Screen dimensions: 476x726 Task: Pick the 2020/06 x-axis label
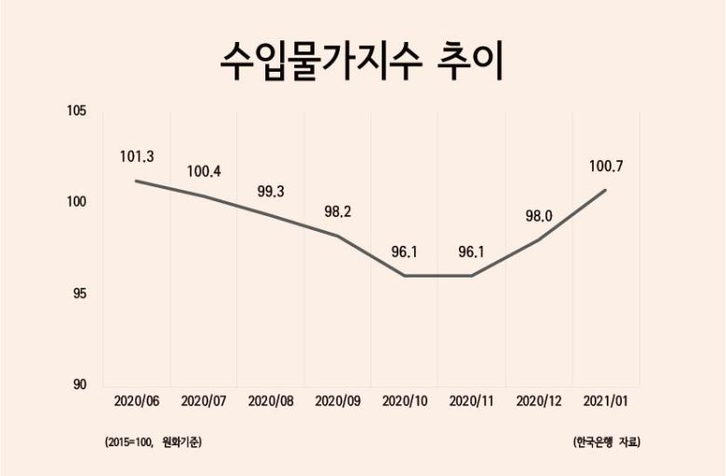(137, 401)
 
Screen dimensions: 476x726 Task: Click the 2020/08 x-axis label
(271, 401)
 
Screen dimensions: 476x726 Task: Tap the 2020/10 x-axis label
(405, 401)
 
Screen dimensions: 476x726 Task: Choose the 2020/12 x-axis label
(539, 401)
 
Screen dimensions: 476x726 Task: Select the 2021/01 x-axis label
(606, 401)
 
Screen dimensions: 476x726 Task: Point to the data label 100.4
(204, 171)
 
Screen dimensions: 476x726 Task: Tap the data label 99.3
(270, 193)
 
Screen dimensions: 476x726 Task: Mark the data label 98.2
(337, 212)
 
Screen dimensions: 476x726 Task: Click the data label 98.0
(539, 216)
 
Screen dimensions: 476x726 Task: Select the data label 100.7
(606, 167)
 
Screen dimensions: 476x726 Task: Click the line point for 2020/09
(338, 236)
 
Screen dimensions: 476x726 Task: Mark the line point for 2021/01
(606, 190)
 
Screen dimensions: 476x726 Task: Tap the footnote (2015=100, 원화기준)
(154, 442)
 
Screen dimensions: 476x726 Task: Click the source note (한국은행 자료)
(607, 442)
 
